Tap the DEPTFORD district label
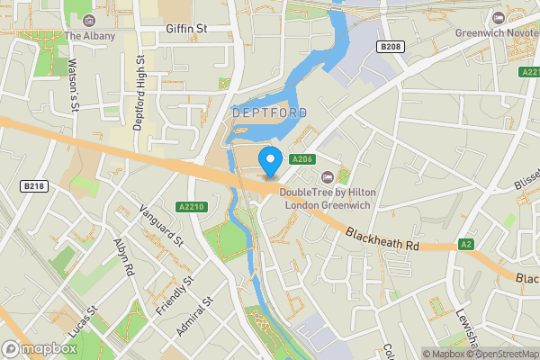coord(269,113)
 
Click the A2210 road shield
coord(193,206)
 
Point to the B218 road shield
coord(33,185)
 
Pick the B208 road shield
coord(389,46)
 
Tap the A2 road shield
coord(466,243)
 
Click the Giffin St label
coord(186,29)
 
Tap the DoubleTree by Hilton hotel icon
coord(327,176)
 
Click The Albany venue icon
coord(88,20)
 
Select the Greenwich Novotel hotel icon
coord(498,17)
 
